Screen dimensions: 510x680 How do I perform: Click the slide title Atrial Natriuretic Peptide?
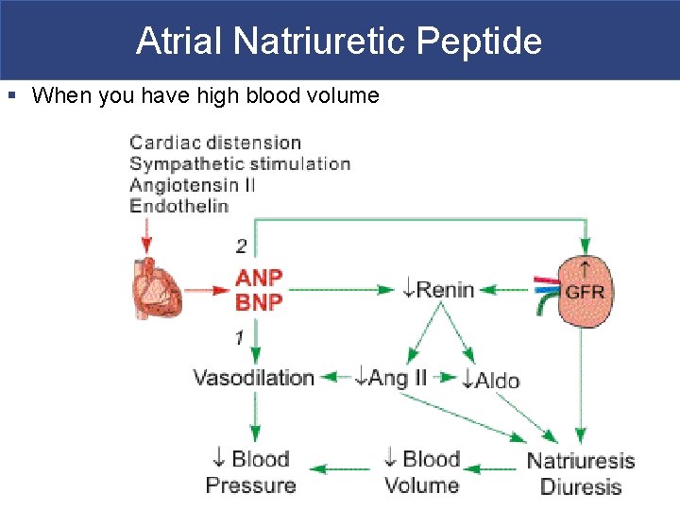[x=339, y=42]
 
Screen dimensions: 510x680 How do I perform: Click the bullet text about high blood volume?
[x=205, y=95]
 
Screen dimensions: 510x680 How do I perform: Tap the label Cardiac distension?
[x=215, y=143]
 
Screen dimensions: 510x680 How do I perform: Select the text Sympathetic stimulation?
[x=240, y=163]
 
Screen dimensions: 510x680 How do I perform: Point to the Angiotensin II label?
[x=192, y=184]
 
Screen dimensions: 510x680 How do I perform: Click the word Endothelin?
[x=178, y=205]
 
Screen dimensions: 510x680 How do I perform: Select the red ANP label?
[x=259, y=279]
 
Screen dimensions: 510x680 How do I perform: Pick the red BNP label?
[x=259, y=302]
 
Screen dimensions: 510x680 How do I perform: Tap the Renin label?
[x=438, y=289]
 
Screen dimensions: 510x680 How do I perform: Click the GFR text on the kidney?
[x=586, y=291]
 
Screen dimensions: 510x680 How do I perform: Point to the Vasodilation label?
[x=253, y=378]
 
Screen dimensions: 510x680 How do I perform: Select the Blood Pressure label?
[x=250, y=472]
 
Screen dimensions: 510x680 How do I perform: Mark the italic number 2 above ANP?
[x=242, y=246]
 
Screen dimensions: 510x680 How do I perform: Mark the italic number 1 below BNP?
[x=240, y=336]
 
